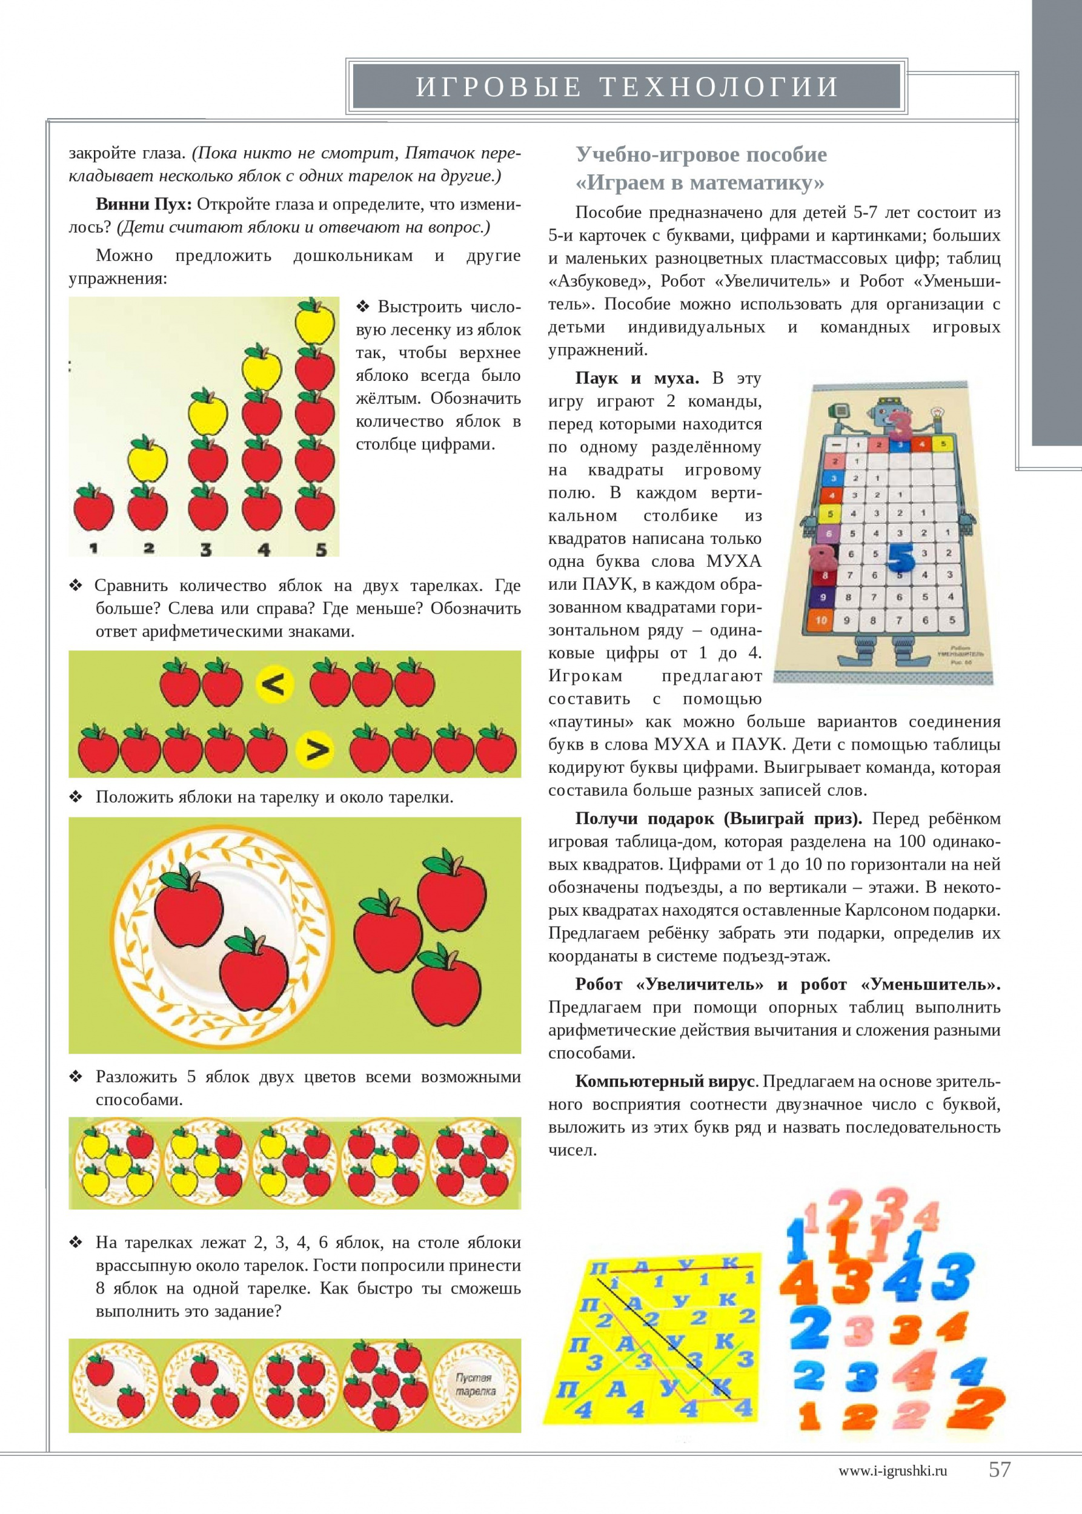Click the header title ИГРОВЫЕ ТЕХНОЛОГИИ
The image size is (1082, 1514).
[626, 87]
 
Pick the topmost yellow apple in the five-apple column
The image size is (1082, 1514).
[315, 321]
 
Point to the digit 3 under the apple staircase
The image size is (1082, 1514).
[206, 549]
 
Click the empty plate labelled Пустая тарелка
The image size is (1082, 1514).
[475, 1385]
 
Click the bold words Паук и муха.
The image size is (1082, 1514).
[636, 378]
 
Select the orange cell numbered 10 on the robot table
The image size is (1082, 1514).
[820, 620]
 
